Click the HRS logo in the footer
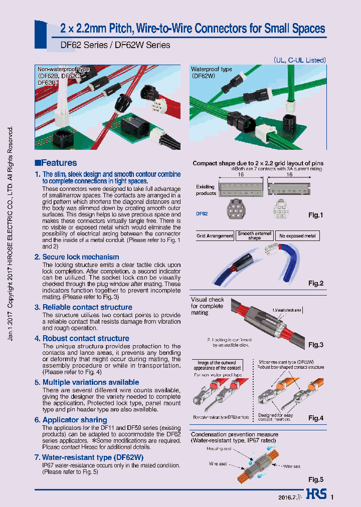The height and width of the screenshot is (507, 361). click(x=316, y=496)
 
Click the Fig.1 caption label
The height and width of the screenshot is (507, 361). click(x=316, y=215)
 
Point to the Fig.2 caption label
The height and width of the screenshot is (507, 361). click(x=316, y=284)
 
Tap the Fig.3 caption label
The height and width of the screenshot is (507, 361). click(x=316, y=345)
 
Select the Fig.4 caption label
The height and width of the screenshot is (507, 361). click(x=316, y=418)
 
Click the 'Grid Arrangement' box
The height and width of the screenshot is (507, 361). click(x=215, y=235)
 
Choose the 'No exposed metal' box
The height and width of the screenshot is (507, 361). click(x=297, y=235)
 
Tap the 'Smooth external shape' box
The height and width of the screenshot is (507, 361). click(x=255, y=235)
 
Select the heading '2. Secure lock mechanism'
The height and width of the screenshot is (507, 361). click(x=77, y=257)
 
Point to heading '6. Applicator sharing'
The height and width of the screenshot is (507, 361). click(x=71, y=420)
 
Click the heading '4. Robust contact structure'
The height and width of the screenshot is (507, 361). click(x=82, y=339)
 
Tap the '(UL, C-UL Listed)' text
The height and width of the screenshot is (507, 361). click(x=300, y=60)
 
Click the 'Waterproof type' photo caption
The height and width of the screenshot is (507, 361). click(x=211, y=69)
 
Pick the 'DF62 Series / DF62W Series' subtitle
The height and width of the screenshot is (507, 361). click(x=108, y=45)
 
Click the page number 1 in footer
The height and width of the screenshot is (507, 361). click(x=331, y=497)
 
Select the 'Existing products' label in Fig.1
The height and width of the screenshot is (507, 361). click(x=206, y=190)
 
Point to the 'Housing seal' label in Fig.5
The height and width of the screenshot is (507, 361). click(x=218, y=449)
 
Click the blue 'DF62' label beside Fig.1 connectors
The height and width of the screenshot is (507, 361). click(x=202, y=213)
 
